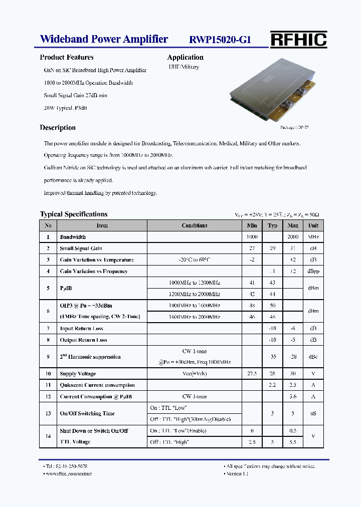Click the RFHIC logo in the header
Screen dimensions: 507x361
(x=298, y=40)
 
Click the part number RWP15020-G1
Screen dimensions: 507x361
(x=220, y=40)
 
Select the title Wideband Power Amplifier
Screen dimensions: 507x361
(x=104, y=39)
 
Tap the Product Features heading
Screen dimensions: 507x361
(x=67, y=57)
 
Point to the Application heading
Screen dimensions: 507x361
(x=185, y=57)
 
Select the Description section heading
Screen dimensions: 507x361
(x=58, y=128)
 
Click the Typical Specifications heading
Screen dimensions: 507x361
(x=74, y=214)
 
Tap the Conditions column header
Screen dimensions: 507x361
(x=195, y=225)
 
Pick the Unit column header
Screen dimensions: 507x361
(x=313, y=225)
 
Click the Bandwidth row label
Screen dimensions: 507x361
(x=73, y=237)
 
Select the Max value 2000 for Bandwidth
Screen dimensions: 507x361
(x=293, y=237)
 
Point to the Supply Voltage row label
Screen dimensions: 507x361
(x=78, y=374)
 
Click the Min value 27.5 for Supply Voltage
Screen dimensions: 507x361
(x=252, y=374)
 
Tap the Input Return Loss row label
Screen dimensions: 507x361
(x=81, y=329)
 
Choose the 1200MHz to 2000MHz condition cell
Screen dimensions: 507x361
(x=195, y=294)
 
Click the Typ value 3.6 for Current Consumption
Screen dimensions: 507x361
(x=293, y=397)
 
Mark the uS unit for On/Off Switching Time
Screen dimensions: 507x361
(x=313, y=414)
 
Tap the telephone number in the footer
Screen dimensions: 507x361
(x=66, y=466)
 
